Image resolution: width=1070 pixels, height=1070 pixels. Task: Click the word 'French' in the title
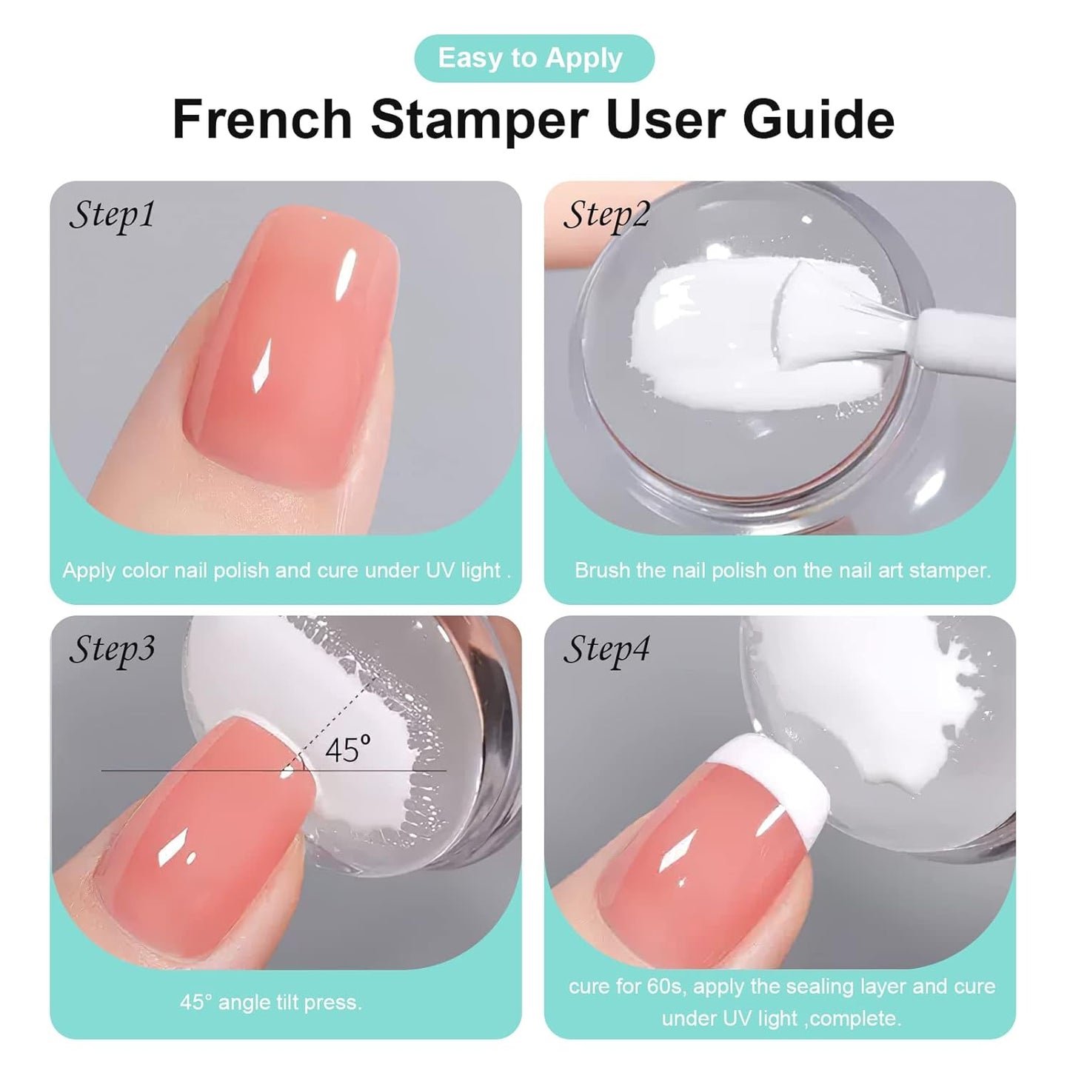click(x=262, y=119)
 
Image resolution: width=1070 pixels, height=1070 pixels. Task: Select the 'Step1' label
click(x=112, y=215)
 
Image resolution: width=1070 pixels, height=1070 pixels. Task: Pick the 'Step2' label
click(x=606, y=215)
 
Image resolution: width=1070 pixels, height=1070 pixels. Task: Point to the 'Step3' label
click(x=112, y=649)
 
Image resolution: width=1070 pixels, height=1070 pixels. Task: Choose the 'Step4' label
click(x=606, y=649)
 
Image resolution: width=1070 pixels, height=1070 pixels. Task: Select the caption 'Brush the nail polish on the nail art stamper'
click(x=782, y=570)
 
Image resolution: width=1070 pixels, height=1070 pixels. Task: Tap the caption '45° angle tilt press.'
click(x=271, y=1003)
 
